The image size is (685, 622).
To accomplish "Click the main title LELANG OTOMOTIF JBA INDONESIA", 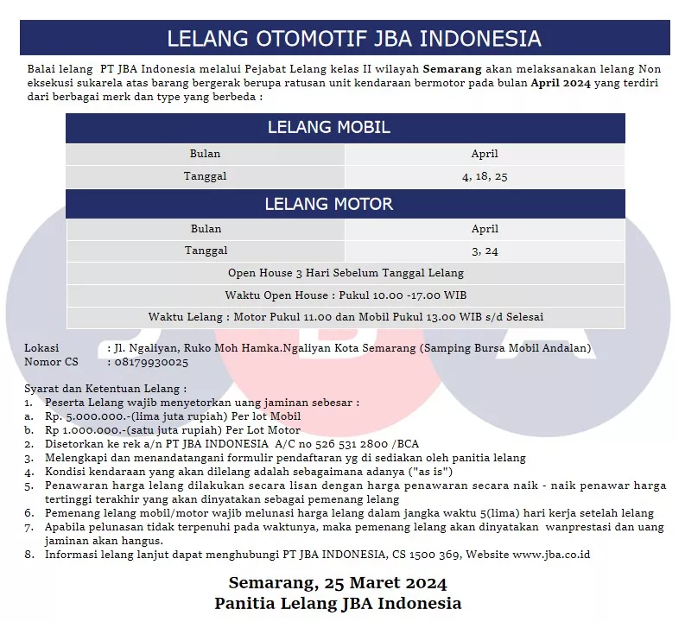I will coord(353,39).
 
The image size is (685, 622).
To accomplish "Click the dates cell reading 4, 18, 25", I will coord(485,176).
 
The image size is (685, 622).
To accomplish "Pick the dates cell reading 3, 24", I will coord(485,251).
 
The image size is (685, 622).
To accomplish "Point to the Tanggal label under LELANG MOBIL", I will coord(206,176).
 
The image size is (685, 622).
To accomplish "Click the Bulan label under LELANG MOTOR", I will coord(206,229).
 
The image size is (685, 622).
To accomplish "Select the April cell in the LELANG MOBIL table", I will coord(485,154).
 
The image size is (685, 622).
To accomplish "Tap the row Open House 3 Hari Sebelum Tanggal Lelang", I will coord(346,273).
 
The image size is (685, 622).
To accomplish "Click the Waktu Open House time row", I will coord(346,295).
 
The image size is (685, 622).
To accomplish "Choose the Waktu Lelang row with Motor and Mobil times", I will coord(346,317).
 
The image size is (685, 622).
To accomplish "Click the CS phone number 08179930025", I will coord(150,362).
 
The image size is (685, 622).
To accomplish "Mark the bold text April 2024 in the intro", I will coord(562,83).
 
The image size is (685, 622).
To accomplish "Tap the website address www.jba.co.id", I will coord(551,555).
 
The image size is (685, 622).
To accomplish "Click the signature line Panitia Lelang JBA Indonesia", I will coord(338,603).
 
